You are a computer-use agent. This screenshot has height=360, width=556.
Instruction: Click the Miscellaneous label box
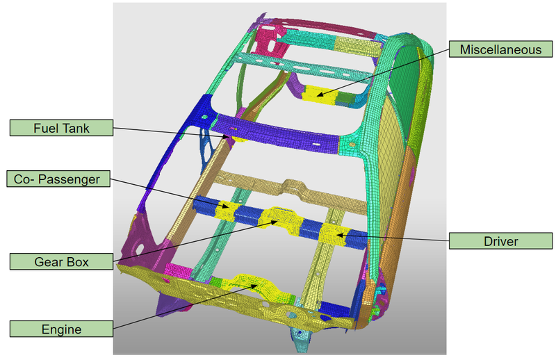point(494,49)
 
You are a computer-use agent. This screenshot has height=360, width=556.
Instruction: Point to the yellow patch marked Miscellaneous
point(321,92)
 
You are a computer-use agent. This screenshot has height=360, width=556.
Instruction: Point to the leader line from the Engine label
point(181,306)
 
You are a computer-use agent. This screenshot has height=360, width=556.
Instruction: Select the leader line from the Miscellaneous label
point(389,69)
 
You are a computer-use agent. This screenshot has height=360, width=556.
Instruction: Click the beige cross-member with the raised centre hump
point(292,188)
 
